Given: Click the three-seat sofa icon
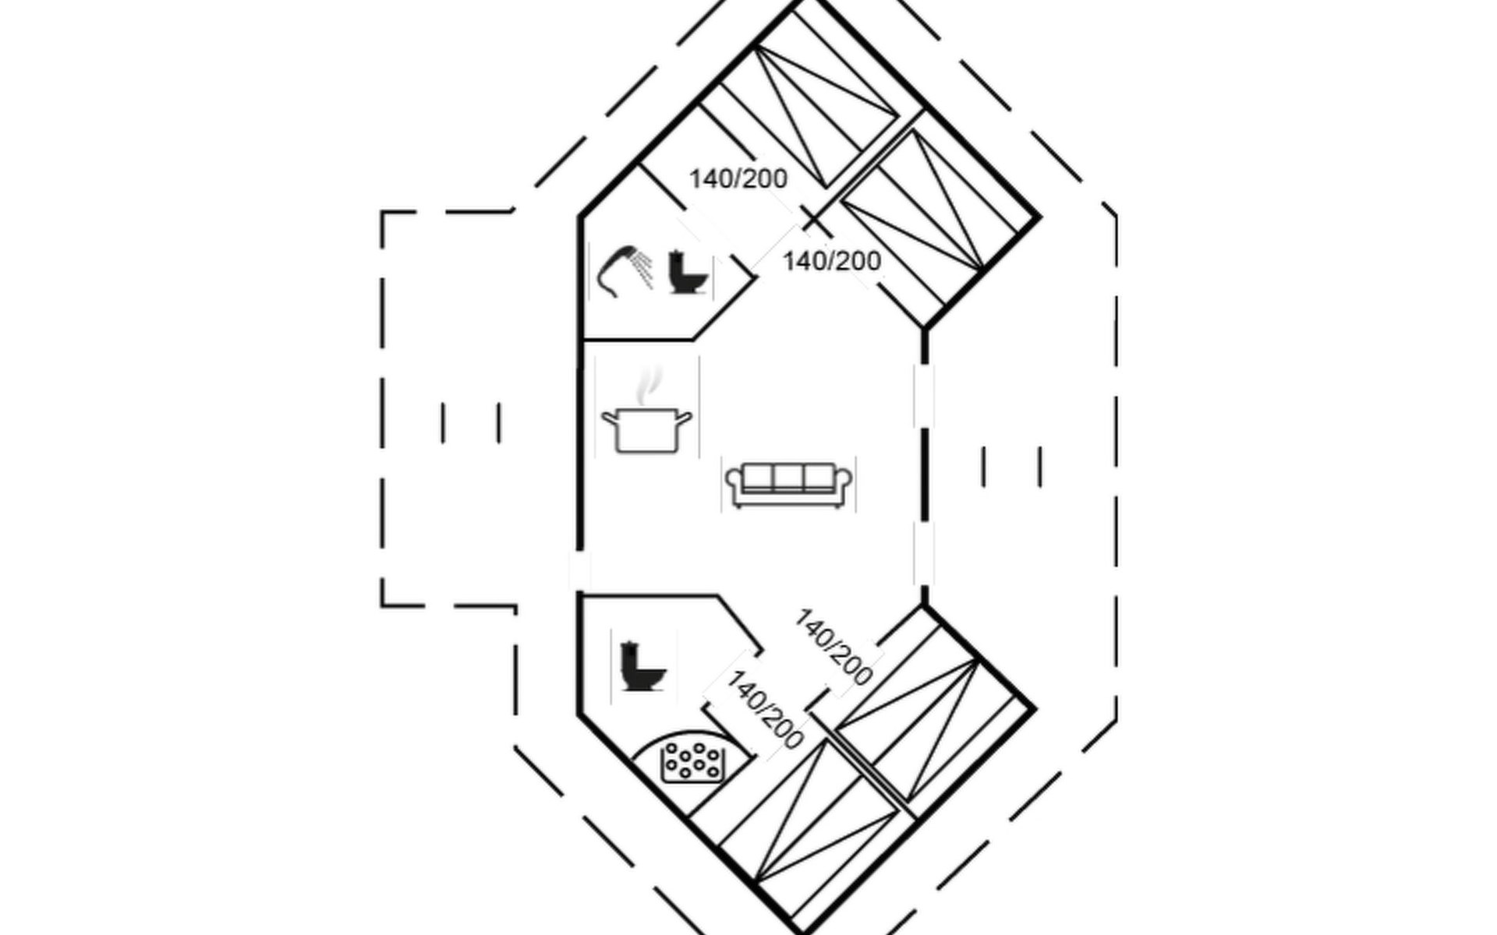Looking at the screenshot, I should (x=788, y=485).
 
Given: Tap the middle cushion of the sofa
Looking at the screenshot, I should (x=788, y=478).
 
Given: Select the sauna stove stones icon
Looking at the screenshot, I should (x=692, y=762).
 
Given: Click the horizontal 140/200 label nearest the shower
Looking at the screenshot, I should (x=738, y=179).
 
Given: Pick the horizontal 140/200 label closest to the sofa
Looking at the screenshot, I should (x=832, y=261).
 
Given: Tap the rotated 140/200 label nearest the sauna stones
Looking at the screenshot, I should (x=765, y=710).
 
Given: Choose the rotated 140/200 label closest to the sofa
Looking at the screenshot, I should (x=833, y=647).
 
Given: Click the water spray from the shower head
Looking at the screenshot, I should (x=642, y=270).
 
